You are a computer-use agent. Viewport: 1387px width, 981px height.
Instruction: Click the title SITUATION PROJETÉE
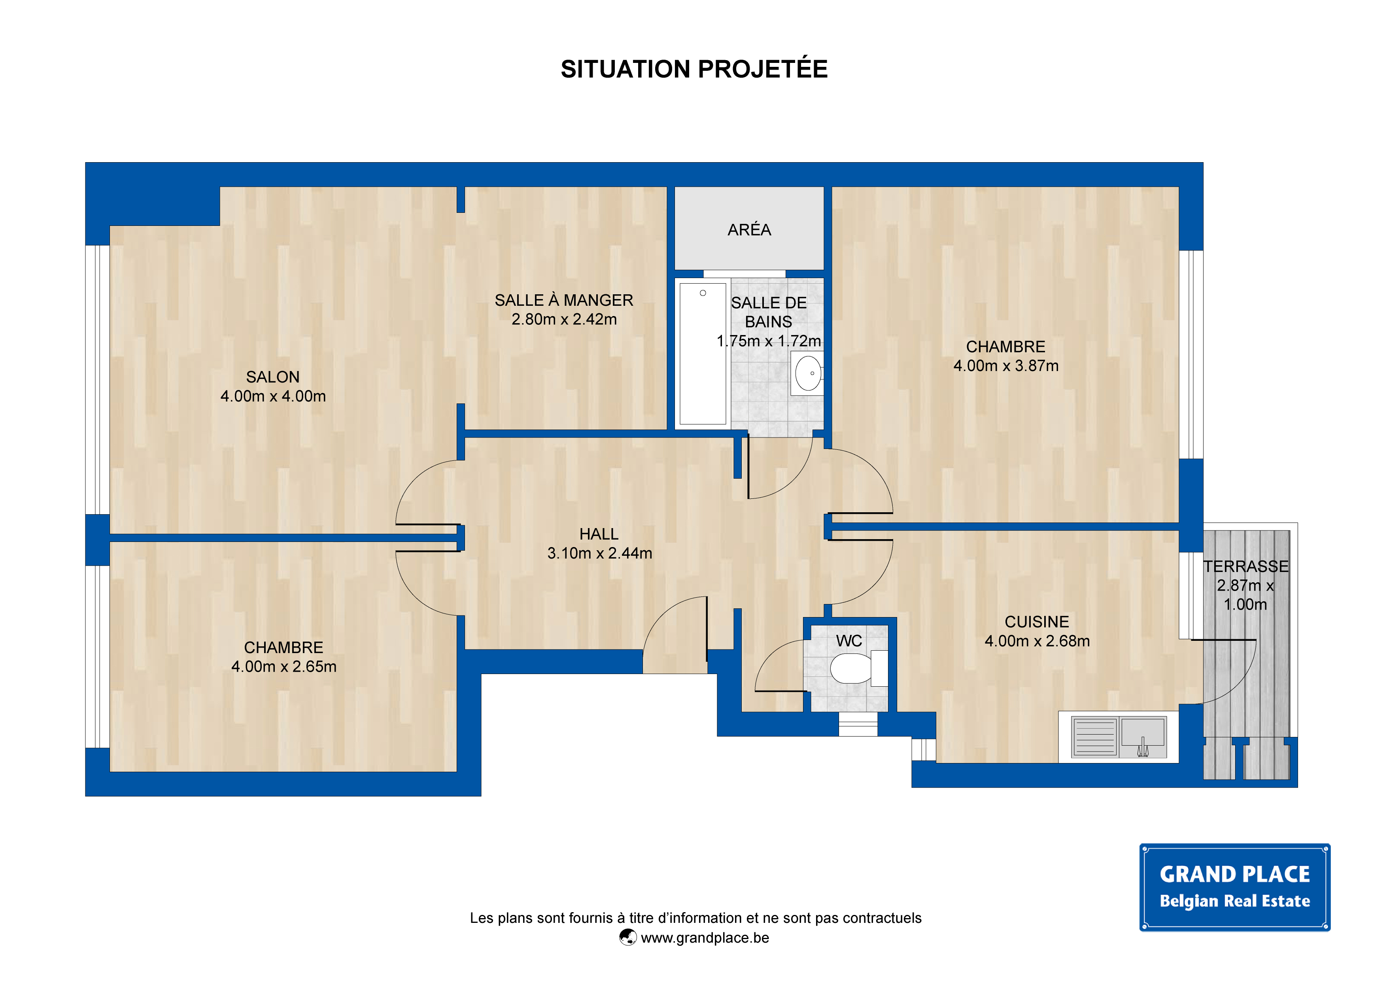tap(694, 69)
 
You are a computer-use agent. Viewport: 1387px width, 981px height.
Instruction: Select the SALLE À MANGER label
tap(564, 300)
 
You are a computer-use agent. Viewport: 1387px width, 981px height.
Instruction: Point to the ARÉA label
tap(749, 230)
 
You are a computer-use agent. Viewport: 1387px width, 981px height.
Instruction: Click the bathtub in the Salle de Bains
tap(703, 354)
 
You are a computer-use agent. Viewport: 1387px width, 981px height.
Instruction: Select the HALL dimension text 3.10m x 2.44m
tap(600, 553)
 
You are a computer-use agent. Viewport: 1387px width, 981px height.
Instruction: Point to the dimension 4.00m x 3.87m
tap(1006, 366)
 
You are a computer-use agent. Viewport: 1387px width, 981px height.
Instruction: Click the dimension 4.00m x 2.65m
tap(284, 667)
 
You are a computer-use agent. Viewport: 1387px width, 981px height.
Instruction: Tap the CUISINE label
tap(1037, 622)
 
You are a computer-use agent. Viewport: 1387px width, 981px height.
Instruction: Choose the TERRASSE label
tap(1245, 566)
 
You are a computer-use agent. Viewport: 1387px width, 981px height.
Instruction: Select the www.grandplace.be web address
tap(705, 938)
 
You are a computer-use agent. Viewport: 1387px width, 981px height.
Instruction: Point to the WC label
tap(849, 641)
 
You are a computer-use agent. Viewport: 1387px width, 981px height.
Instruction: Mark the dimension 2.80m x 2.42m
tap(564, 319)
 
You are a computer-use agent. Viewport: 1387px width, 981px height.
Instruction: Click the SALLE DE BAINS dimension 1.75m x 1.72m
tap(768, 341)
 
